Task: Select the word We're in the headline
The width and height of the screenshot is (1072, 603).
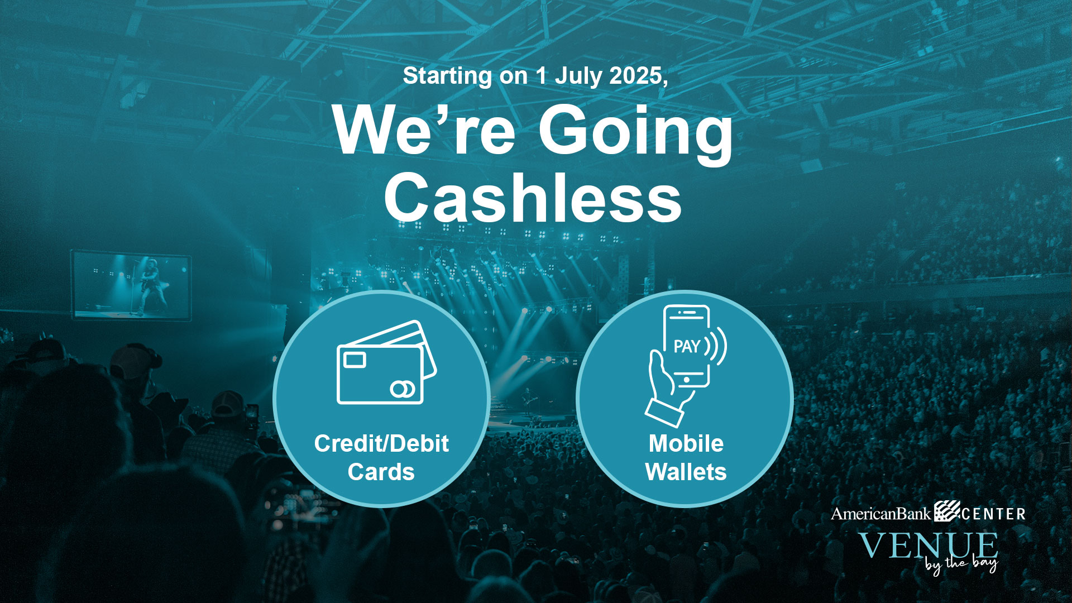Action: pos(424,130)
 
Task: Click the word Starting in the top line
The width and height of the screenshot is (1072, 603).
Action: pos(447,76)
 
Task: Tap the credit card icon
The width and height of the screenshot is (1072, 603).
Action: pos(386,362)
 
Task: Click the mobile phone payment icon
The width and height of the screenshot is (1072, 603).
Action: pos(686,366)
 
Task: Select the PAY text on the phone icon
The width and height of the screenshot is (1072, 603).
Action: pos(687,347)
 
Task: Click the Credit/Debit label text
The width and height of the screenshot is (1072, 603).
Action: pos(381,444)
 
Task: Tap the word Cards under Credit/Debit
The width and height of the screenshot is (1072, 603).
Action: pos(381,472)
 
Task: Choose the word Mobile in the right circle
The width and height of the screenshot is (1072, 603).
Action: pos(686,444)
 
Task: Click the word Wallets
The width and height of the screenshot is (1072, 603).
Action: pos(686,472)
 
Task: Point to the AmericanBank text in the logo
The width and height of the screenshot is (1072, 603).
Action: pos(881,514)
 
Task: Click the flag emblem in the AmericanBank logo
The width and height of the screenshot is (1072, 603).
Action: pos(947,511)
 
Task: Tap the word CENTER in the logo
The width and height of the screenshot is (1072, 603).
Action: pos(994,514)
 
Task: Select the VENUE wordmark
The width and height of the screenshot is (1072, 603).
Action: pos(929,545)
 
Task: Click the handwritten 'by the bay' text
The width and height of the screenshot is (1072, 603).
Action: pos(960,564)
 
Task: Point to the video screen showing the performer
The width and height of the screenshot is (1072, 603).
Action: pos(132,286)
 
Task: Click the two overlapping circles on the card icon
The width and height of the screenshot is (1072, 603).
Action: pos(403,389)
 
